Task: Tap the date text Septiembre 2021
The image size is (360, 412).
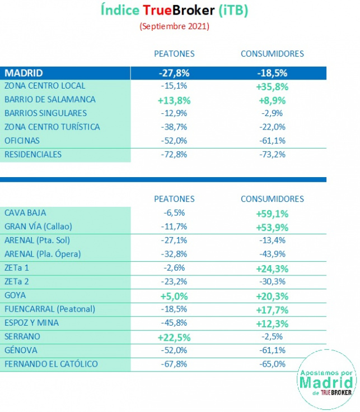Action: [x=174, y=26]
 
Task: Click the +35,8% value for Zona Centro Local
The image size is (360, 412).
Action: [x=272, y=86]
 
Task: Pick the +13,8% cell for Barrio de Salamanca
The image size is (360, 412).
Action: [x=174, y=100]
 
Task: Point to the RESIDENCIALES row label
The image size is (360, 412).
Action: [x=33, y=154]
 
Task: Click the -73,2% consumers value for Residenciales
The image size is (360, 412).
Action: [x=272, y=155]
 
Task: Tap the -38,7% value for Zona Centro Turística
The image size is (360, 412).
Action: [x=174, y=127]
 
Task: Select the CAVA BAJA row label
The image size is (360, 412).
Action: [x=25, y=213]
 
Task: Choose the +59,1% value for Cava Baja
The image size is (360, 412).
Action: [x=272, y=214]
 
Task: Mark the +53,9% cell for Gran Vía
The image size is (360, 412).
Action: [x=272, y=227]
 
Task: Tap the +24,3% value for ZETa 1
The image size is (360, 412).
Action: [x=272, y=268]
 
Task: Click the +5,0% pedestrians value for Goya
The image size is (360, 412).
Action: [x=174, y=295]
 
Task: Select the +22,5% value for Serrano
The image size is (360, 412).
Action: [x=174, y=337]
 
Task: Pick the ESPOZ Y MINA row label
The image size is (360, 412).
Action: [x=31, y=323]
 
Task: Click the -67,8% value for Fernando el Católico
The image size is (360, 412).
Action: [x=174, y=364]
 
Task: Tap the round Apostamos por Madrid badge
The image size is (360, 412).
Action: [x=326, y=378]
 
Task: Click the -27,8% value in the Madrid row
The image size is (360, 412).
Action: [x=174, y=73]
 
